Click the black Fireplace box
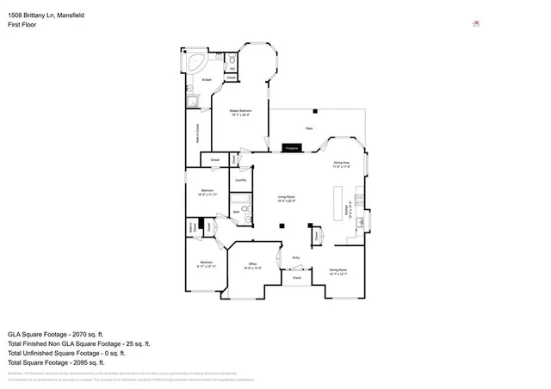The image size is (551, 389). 291,148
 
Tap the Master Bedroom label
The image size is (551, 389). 238,113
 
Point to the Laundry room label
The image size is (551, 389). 240,180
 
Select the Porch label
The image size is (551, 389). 296,278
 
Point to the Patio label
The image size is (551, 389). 308,128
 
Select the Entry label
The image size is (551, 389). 296,257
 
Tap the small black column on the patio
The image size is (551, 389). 316,111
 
